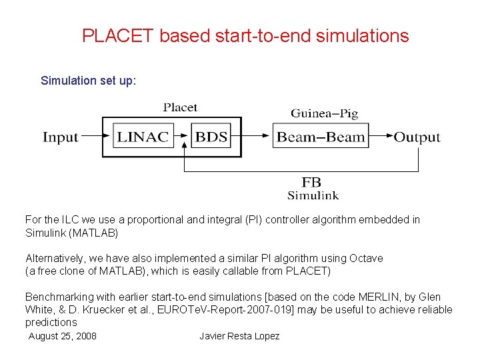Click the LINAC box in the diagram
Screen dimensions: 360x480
point(143,137)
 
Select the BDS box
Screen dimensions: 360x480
point(211,137)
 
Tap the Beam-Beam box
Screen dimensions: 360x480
point(321,137)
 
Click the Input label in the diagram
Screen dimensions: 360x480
point(61,137)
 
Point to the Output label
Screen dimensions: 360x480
point(417,137)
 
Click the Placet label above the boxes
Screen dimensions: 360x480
point(180,107)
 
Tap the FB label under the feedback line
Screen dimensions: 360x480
point(311,182)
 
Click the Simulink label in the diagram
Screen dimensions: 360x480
point(313,195)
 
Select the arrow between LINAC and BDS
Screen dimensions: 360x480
point(181,137)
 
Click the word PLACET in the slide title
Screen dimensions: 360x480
point(117,36)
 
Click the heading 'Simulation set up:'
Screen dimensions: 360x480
point(89,81)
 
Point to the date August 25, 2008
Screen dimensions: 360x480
point(63,336)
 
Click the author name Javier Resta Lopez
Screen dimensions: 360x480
point(239,336)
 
